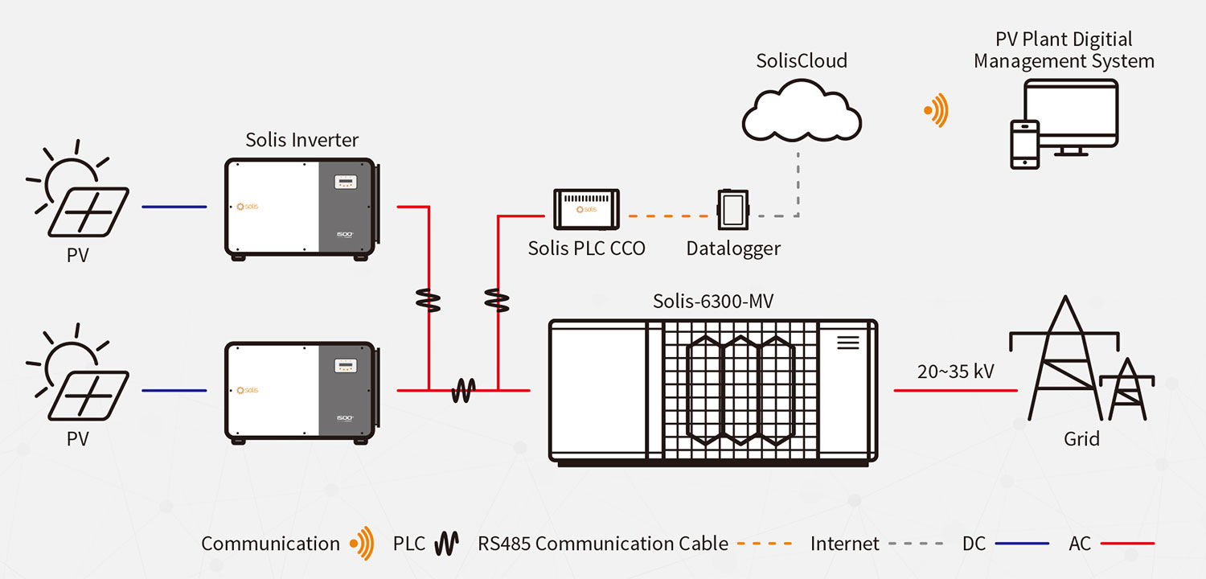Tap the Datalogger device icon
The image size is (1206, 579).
click(732, 211)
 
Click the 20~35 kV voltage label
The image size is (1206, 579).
click(955, 372)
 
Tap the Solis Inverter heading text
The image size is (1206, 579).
click(301, 139)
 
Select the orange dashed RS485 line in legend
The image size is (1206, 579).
click(765, 544)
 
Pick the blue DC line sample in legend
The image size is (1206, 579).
click(1022, 544)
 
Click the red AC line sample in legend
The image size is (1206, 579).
click(1127, 544)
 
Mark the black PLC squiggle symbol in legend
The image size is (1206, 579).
click(446, 544)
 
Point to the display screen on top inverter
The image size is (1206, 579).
click(347, 183)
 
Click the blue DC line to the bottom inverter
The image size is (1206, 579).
click(174, 392)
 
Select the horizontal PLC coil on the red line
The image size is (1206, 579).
click(463, 392)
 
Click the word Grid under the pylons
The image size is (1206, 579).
click(1081, 438)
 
